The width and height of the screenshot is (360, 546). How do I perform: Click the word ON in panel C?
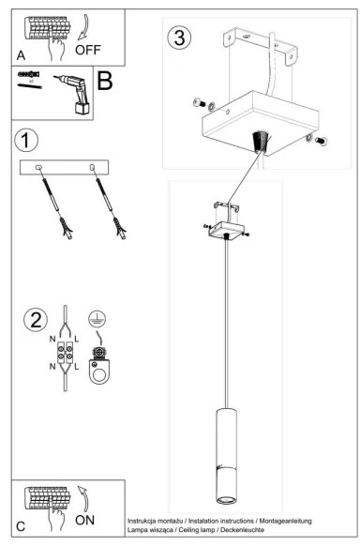click(83, 517)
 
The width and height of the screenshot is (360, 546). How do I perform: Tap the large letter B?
click(104, 81)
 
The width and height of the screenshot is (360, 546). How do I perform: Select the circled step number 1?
click(27, 141)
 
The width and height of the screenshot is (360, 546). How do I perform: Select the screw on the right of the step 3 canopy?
click(319, 141)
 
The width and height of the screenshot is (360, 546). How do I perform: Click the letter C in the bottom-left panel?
click(21, 527)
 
